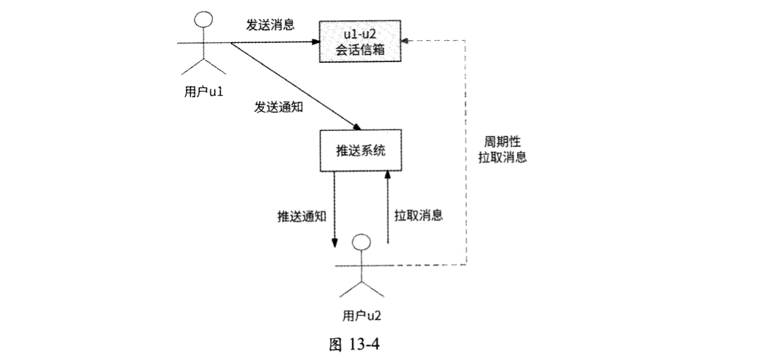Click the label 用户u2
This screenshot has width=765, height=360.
[x=361, y=315]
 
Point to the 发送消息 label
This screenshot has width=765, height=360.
[x=270, y=24]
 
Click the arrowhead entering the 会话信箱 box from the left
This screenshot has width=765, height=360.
[x=317, y=43]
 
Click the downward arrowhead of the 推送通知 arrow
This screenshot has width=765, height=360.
[x=335, y=244]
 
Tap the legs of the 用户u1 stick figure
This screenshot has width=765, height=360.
[x=204, y=68]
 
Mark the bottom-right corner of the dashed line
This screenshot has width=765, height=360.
[x=466, y=266]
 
